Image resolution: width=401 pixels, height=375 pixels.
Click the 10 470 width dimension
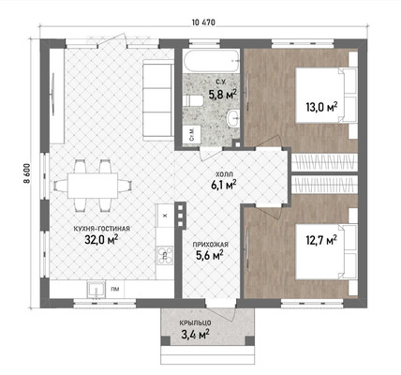(x=203, y=22)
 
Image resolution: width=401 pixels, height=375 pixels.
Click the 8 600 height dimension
(x=27, y=173)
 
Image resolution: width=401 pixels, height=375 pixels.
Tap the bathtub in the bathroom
(x=211, y=61)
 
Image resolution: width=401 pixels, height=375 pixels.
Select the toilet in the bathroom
(x=193, y=100)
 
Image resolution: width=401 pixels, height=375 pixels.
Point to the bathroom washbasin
(x=232, y=118)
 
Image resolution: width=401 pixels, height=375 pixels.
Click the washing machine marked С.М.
(x=191, y=134)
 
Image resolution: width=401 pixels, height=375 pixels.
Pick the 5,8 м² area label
(x=222, y=94)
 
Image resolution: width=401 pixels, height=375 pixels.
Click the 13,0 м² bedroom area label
(x=321, y=107)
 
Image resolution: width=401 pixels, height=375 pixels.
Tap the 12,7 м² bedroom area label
(x=321, y=240)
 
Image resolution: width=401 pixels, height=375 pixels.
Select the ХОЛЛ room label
(x=225, y=173)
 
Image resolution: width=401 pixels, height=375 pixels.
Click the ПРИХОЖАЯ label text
(x=210, y=245)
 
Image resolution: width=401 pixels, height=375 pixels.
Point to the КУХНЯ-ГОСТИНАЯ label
(x=101, y=229)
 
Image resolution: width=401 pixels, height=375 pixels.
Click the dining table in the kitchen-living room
(x=93, y=186)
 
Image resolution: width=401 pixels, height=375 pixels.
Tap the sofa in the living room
(x=158, y=99)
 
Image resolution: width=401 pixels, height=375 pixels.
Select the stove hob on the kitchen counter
(x=165, y=255)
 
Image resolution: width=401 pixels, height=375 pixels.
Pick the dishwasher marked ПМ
(x=115, y=289)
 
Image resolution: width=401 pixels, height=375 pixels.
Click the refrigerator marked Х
(x=165, y=215)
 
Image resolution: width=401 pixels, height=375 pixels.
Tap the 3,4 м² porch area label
(x=195, y=335)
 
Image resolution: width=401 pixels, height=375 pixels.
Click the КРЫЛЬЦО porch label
(x=196, y=322)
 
